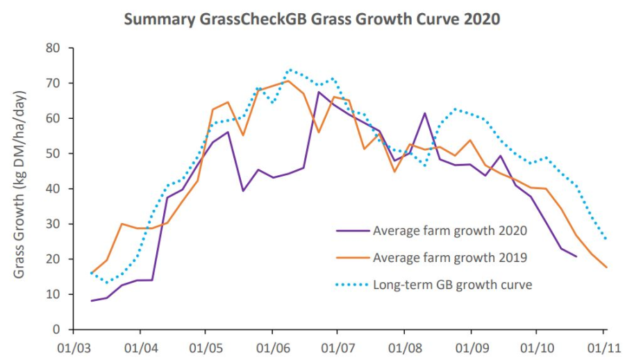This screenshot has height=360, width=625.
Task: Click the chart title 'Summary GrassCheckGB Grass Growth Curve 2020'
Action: coord(312,19)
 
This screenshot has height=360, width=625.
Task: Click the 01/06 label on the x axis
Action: coord(272,345)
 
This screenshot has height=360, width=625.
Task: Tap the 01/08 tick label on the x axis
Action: coord(404,345)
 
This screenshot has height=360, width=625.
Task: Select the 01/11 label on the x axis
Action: coord(603,345)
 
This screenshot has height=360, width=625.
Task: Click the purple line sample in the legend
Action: coord(351,231)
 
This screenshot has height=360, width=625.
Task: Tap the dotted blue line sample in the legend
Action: coord(351,284)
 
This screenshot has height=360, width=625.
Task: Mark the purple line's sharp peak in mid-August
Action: coord(424,113)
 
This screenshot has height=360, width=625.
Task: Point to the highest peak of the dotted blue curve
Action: coord(290,69)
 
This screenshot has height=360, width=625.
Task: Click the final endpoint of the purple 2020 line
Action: coord(576,256)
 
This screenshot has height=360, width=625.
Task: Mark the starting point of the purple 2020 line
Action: coord(92,300)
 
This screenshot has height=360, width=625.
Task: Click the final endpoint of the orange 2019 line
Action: coord(606,268)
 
